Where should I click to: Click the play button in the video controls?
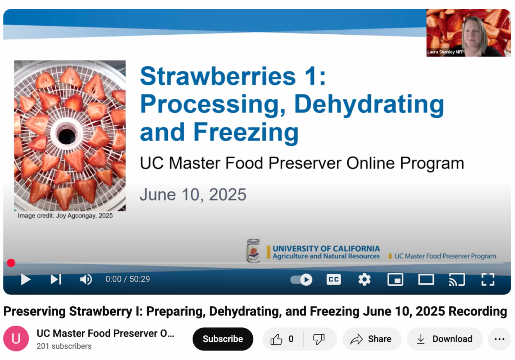[25, 279]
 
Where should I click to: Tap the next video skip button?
[56, 279]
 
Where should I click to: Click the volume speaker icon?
[86, 279]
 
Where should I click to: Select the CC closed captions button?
[333, 279]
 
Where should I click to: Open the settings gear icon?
[364, 279]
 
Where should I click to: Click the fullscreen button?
[488, 279]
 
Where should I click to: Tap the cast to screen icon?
[457, 279]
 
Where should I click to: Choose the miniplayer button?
[395, 279]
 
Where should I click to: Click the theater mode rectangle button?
[426, 279]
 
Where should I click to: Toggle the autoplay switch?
[301, 279]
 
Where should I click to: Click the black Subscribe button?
[223, 339]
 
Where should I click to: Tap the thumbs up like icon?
[276, 339]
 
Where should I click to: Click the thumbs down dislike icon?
[318, 339]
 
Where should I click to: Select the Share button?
[372, 339]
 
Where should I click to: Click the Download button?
[445, 339]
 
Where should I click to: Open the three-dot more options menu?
[500, 339]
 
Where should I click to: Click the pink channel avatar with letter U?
[16, 339]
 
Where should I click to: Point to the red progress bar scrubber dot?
[11, 263]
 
